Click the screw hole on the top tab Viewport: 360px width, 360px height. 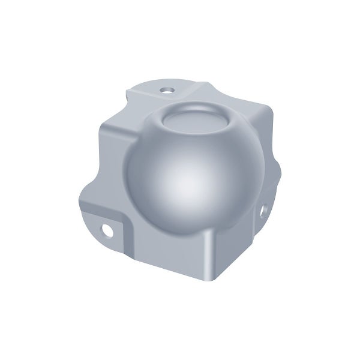point(166,91)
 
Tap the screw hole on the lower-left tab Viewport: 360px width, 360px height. point(109,229)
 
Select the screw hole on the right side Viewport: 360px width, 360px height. point(264,212)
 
